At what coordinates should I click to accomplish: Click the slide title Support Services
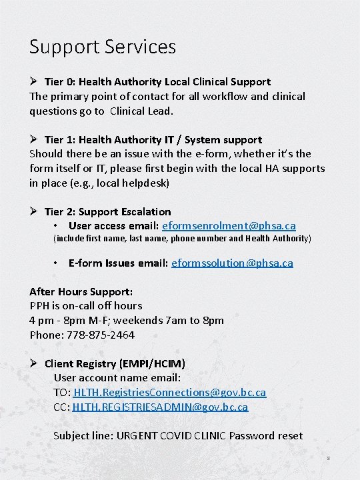pos(103,47)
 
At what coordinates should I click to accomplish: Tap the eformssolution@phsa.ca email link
pos(232,263)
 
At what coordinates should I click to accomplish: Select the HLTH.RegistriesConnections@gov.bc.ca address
pos(169,393)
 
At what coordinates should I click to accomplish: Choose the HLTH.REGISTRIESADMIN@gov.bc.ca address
pos(160,406)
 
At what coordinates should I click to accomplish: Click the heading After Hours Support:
pos(81,292)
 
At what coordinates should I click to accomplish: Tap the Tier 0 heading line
pos(157,82)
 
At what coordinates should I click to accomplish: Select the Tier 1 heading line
pos(153,140)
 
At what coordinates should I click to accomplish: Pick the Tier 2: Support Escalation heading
pos(107,212)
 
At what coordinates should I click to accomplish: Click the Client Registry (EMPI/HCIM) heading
pos(115,363)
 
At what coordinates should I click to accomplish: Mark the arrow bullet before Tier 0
pos(35,82)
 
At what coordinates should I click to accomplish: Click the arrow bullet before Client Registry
pos(35,363)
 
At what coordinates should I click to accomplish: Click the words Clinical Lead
pos(143,111)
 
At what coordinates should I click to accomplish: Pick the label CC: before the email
pos(62,406)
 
